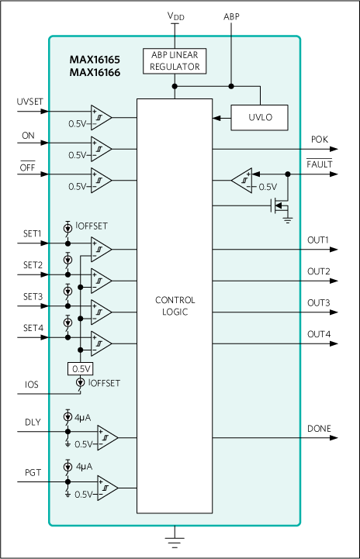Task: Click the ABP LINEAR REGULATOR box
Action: click(175, 61)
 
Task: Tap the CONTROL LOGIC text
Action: click(175, 306)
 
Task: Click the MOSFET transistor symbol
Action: click(278, 205)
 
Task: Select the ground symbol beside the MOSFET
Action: click(288, 219)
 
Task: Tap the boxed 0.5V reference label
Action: click(81, 368)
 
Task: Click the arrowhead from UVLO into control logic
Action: click(216, 118)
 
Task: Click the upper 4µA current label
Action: click(82, 417)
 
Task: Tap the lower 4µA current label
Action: click(82, 468)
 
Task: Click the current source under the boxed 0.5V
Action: click(80, 383)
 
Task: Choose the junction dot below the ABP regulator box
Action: click(175, 86)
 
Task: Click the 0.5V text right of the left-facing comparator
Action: click(267, 187)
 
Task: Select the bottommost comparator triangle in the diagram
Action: click(106, 488)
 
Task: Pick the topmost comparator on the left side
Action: click(100, 117)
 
